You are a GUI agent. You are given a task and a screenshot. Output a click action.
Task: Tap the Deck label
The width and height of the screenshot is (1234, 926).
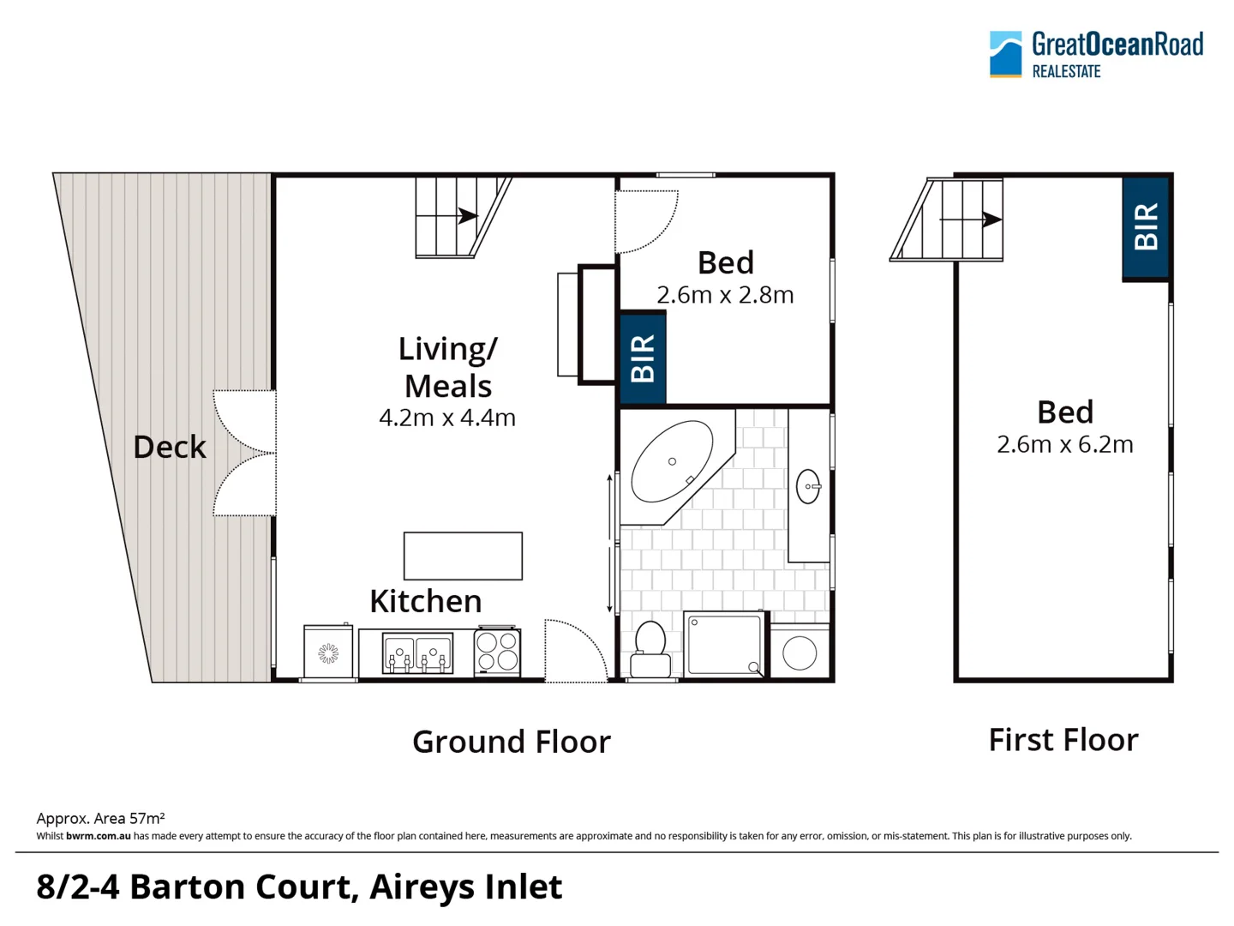pyautogui.click(x=170, y=447)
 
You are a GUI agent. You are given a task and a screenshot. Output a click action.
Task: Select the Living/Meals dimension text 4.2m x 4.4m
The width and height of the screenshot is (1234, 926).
pyautogui.click(x=447, y=418)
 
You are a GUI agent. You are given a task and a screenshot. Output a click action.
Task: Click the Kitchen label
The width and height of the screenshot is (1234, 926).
pyautogui.click(x=425, y=601)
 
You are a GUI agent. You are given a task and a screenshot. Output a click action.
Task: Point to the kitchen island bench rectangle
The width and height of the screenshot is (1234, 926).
pyautogui.click(x=463, y=556)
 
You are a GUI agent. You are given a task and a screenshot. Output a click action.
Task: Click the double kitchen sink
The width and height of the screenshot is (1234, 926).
pyautogui.click(x=417, y=654)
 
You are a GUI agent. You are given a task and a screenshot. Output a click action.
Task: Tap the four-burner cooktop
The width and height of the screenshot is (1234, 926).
pyautogui.click(x=497, y=652)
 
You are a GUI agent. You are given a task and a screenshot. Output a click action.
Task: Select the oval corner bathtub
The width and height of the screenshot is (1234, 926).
pyautogui.click(x=671, y=461)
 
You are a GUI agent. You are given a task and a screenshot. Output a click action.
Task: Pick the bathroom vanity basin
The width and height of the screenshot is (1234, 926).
pyautogui.click(x=808, y=486)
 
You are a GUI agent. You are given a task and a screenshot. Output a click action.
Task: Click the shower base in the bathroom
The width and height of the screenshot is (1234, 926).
pyautogui.click(x=724, y=645)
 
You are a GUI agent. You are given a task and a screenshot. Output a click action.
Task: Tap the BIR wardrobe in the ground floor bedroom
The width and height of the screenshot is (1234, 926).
pyautogui.click(x=643, y=358)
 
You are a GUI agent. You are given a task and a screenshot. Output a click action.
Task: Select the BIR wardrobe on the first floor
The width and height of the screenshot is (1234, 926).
pyautogui.click(x=1146, y=227)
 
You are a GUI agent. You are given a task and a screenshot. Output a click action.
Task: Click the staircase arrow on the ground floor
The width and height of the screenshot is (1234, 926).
pyautogui.click(x=466, y=216)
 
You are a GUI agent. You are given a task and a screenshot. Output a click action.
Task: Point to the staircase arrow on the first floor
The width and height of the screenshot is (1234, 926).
pyautogui.click(x=990, y=219)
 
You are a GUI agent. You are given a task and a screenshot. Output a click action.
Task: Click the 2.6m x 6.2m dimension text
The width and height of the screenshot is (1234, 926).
pyautogui.click(x=1064, y=444)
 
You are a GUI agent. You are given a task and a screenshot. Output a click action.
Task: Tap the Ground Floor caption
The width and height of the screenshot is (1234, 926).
pyautogui.click(x=511, y=742)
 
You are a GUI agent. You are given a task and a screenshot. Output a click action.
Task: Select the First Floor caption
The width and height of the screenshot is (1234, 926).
pyautogui.click(x=1063, y=740)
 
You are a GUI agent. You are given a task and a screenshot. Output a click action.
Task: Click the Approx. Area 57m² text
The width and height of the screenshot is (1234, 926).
pyautogui.click(x=100, y=818)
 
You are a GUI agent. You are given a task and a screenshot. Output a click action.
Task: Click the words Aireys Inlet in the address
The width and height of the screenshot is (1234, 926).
pyautogui.click(x=465, y=887)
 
